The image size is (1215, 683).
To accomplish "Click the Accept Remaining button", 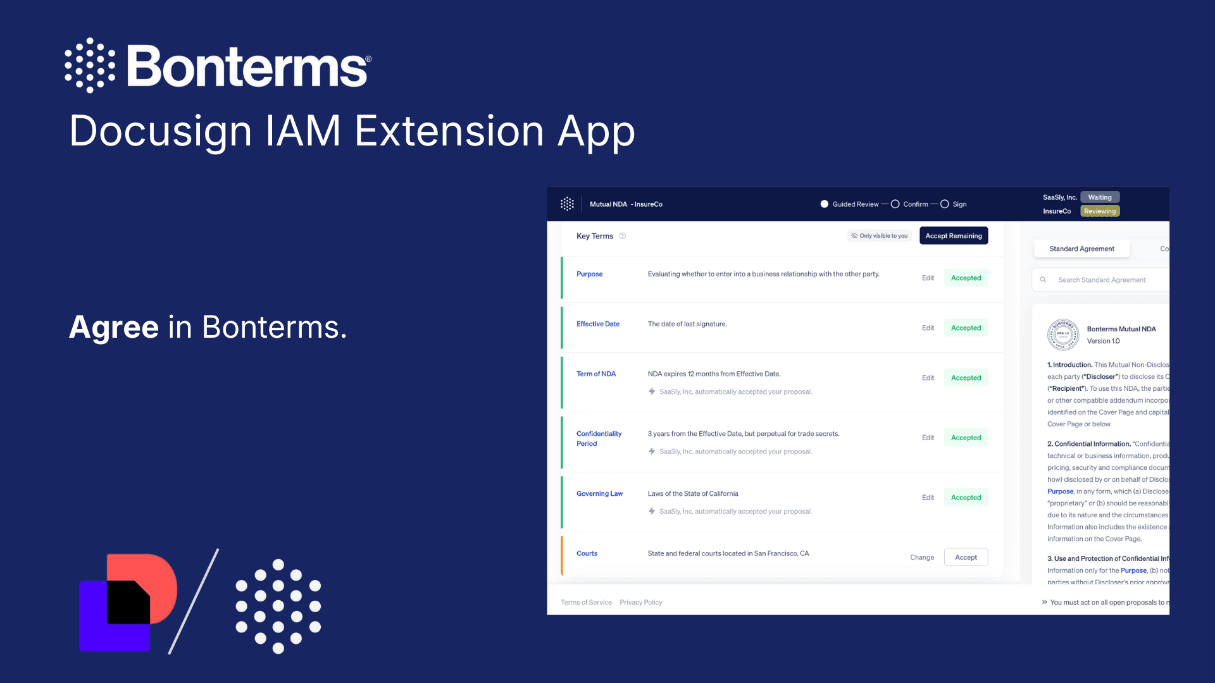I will point(953,236).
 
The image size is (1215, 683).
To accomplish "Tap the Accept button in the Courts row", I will point(966,557).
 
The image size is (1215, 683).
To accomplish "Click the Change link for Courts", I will point(922,557).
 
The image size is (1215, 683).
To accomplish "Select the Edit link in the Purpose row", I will point(928,278).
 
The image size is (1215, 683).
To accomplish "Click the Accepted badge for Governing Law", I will point(966,498).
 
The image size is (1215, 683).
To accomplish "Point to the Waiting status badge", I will point(1100,197).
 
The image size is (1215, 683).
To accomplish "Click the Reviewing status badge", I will point(1100,211).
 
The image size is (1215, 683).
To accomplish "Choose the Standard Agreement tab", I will point(1081,249).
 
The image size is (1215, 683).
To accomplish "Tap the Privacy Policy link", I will point(641,603).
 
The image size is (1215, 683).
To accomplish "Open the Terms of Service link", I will point(586,603).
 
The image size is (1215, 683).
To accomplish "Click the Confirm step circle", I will point(895,204).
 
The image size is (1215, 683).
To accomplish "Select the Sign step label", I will point(959,204).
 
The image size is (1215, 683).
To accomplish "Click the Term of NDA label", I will point(596,374).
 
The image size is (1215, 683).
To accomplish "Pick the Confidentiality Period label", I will point(599,439).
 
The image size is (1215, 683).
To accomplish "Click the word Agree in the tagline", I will point(114,328).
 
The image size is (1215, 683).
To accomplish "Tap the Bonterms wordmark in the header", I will point(247,66).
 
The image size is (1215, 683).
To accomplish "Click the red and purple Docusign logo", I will point(128,602).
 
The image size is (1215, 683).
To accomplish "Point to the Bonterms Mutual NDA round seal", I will point(1063,335).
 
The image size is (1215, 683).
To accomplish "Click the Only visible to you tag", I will point(880,236).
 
